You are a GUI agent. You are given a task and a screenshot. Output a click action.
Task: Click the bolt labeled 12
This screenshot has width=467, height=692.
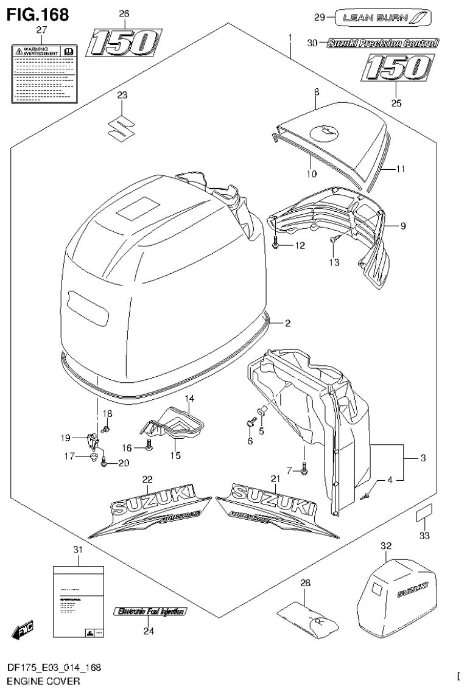point(277,247)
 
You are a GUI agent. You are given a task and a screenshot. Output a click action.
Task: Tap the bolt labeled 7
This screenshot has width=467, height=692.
point(304,468)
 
